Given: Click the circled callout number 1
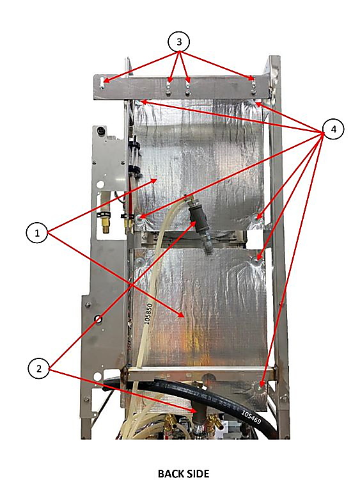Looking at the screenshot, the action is (37, 233).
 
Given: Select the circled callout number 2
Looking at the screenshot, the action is (39, 369).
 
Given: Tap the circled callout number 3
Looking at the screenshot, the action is (179, 42).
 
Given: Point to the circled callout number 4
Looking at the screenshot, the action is (333, 129).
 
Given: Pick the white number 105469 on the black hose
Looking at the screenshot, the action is (251, 417).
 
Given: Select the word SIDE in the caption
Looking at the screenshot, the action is (198, 473).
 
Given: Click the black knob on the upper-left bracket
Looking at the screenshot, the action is (100, 131).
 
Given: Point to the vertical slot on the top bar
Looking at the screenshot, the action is (102, 83).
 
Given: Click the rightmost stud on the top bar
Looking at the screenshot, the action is (253, 86).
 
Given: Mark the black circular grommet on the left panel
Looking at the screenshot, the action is (98, 319).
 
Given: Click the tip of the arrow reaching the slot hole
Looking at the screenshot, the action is (104, 81).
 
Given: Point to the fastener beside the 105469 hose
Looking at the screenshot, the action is (261, 388).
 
